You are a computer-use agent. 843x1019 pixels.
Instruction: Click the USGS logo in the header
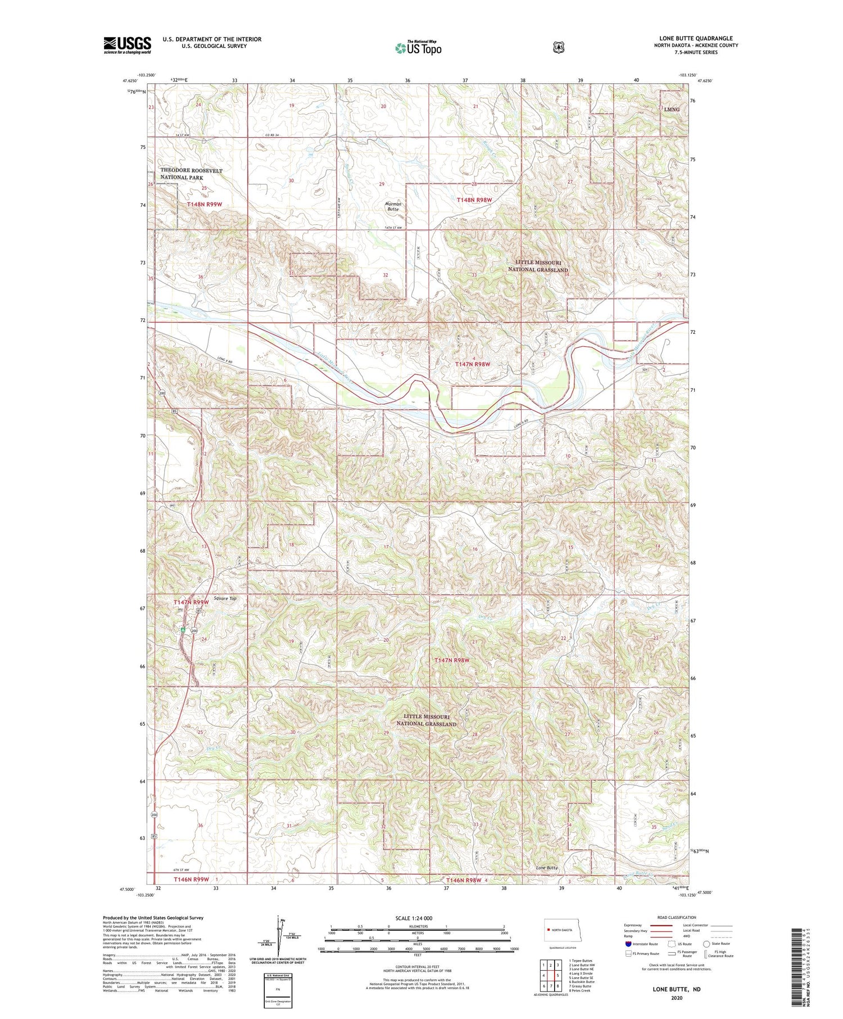click(127, 45)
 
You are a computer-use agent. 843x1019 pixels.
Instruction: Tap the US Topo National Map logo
click(418, 47)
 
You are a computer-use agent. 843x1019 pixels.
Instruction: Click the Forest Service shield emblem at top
click(558, 48)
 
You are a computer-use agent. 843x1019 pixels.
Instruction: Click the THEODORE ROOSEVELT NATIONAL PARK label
click(191, 174)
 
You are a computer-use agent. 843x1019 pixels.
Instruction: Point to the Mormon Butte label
click(393, 206)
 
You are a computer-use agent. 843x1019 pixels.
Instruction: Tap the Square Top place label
click(225, 599)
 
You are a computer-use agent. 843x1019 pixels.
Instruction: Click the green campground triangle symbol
click(183, 629)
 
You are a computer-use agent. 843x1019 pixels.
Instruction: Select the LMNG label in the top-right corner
click(672, 109)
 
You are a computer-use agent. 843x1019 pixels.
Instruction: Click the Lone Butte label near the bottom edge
click(546, 868)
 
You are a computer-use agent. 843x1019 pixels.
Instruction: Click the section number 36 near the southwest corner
click(200, 825)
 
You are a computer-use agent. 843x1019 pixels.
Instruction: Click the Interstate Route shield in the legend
click(628, 944)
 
